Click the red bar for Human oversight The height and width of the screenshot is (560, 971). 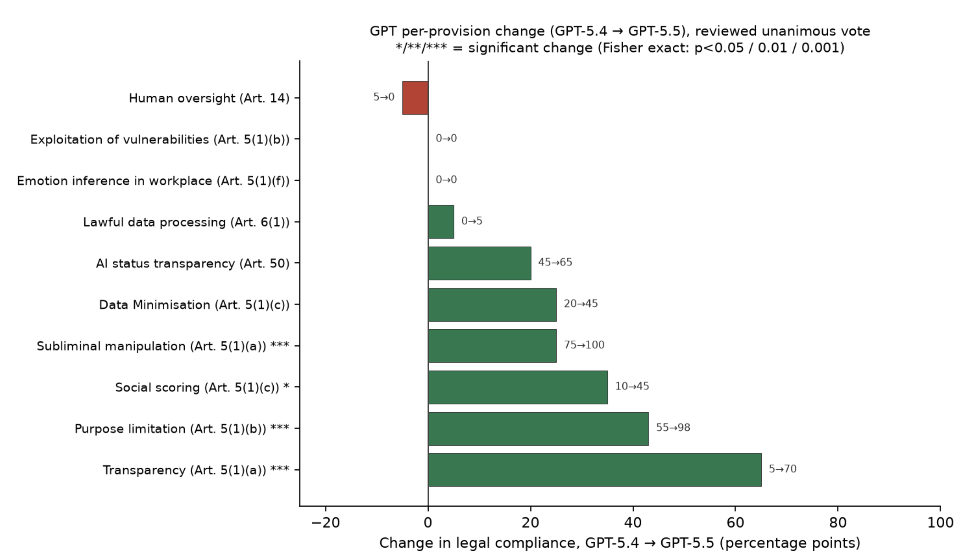[415, 98]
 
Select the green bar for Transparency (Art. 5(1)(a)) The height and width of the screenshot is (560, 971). [595, 470]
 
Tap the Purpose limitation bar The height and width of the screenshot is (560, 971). [538, 429]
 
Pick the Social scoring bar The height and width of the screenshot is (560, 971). [518, 387]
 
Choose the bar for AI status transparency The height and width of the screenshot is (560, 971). [480, 263]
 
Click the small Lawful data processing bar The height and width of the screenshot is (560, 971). [441, 222]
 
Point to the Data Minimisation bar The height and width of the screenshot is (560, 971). [492, 305]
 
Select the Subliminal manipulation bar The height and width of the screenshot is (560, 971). [492, 346]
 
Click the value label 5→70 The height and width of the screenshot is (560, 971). [782, 469]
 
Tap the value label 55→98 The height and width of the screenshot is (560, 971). [673, 427]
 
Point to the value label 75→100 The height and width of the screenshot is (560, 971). [584, 345]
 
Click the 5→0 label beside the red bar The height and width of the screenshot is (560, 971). [384, 97]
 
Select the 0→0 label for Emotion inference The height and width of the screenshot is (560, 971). [446, 180]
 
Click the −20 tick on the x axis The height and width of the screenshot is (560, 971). [326, 522]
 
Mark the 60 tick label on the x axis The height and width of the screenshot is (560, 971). [735, 522]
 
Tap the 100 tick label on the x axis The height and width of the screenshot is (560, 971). [940, 522]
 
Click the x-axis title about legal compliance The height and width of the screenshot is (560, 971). [620, 543]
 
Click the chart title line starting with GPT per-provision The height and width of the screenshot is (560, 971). [620, 31]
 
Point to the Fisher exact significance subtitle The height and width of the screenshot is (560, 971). [620, 47]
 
